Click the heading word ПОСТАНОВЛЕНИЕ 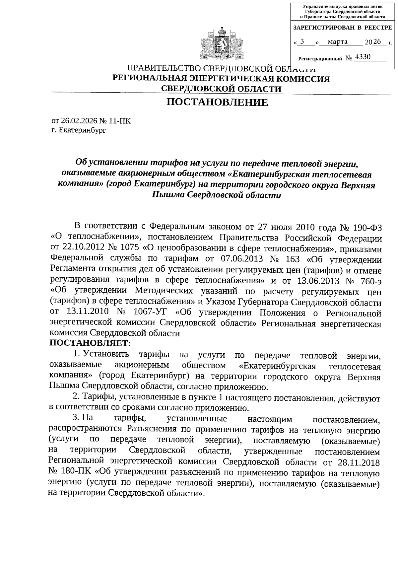coord(217,103)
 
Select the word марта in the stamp coord(338,42)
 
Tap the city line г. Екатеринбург coord(79,130)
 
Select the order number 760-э coord(369,281)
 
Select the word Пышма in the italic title coord(166,195)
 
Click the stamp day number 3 coord(302,42)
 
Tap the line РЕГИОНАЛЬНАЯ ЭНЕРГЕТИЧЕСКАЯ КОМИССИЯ coord(221,79)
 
